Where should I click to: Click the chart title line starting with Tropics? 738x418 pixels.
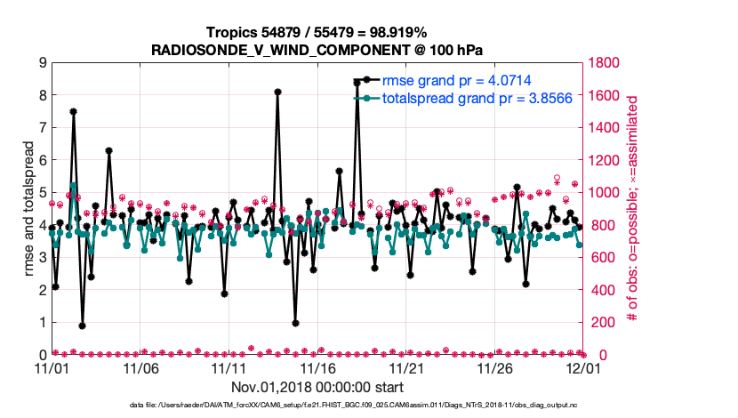[x=317, y=32]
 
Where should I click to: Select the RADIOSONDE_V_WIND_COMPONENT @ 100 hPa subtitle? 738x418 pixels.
[x=317, y=48]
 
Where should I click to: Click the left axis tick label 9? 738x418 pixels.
[x=42, y=63]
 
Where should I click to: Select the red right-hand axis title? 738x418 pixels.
[x=633, y=209]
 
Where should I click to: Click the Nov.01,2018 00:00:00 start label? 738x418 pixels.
[x=317, y=388]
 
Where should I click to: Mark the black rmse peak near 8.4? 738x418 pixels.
[x=357, y=82]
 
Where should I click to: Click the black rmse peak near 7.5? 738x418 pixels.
[x=73, y=112]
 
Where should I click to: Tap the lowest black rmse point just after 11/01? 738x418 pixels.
[x=82, y=326]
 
